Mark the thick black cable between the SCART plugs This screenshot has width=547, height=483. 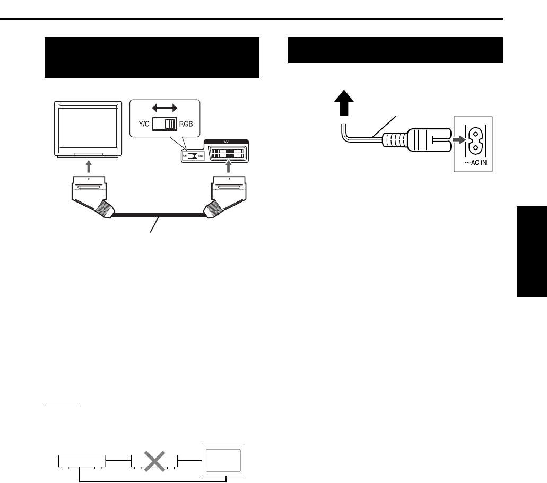tap(158, 215)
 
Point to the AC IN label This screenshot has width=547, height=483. tap(474, 164)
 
